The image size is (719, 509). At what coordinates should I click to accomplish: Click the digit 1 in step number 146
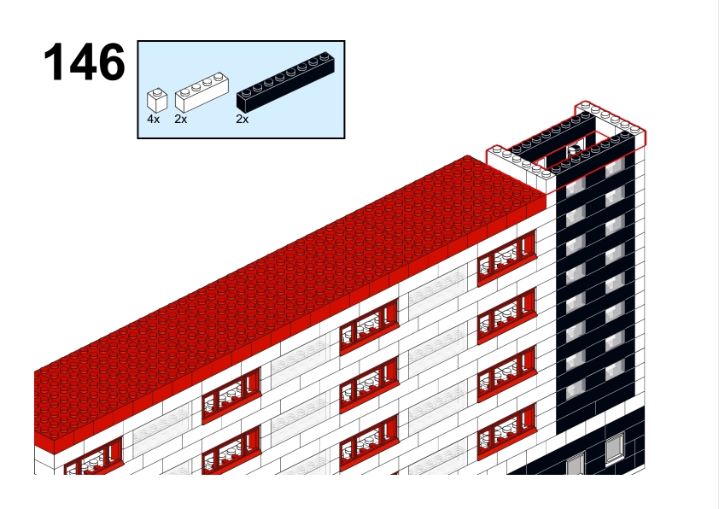click(53, 61)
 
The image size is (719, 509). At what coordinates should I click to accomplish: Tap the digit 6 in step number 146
click(111, 61)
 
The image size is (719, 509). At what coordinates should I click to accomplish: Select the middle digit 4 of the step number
click(81, 61)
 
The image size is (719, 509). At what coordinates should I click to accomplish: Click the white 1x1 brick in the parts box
click(157, 100)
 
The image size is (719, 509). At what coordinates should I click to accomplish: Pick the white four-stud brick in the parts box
click(202, 92)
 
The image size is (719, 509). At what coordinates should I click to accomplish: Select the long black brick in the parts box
click(285, 82)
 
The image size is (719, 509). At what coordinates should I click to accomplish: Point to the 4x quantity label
click(153, 120)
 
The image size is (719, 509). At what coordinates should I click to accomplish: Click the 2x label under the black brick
click(243, 120)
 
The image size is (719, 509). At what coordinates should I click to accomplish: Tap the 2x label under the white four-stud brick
click(181, 120)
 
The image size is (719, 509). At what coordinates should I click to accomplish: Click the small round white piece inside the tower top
click(575, 149)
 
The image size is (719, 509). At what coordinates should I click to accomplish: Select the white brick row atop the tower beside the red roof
click(518, 164)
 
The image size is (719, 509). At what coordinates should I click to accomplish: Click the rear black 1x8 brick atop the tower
click(552, 134)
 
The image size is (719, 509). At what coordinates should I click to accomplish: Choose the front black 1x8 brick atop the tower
click(593, 154)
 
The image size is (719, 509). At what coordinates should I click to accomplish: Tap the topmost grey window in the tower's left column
click(576, 187)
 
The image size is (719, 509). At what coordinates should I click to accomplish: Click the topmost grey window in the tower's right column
click(615, 167)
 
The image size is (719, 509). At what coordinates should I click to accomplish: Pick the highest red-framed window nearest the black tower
click(506, 258)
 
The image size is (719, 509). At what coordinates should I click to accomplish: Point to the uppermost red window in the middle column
click(369, 326)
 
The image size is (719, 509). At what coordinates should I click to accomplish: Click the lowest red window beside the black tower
click(506, 432)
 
